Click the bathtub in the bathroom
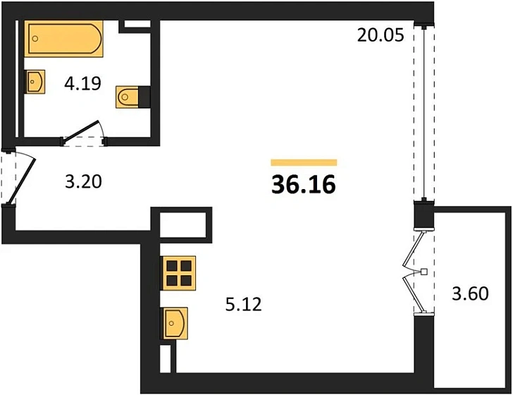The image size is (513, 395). click(64, 39)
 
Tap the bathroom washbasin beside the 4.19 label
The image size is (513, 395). click(35, 82)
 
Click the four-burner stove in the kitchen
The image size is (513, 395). click(178, 272)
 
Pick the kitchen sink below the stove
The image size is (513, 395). click(176, 324)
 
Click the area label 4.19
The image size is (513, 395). click(82, 85)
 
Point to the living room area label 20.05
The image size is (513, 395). click(380, 35)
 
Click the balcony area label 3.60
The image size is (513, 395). click(469, 293)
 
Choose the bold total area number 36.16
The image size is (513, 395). click(304, 185)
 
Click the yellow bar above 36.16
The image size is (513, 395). click(304, 162)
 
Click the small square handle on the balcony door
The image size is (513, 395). click(424, 272)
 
